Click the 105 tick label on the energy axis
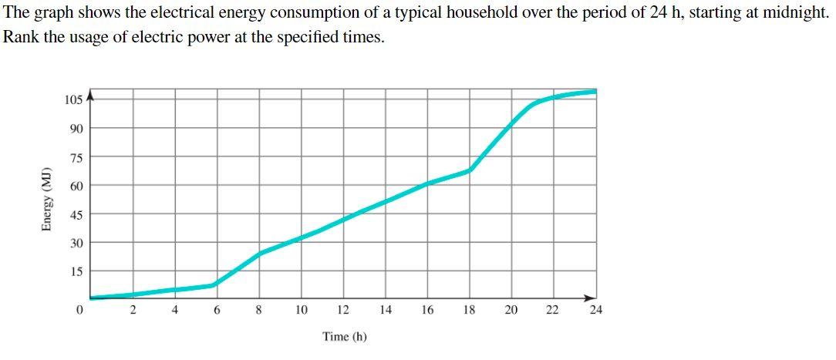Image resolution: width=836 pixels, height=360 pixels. [x=74, y=99]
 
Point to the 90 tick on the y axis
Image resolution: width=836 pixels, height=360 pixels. [x=76, y=128]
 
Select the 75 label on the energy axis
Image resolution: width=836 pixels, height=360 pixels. [x=76, y=157]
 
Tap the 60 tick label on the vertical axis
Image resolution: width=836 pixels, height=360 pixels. [x=76, y=186]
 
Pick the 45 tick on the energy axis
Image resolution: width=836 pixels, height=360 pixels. [x=76, y=214]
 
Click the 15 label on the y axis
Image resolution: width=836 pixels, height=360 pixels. [x=76, y=271]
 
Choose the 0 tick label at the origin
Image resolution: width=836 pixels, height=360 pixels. [x=79, y=310]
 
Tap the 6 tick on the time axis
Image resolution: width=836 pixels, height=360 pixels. [x=217, y=310]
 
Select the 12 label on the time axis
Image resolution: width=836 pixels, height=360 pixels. [x=343, y=310]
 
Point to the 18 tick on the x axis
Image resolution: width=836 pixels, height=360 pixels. [x=469, y=310]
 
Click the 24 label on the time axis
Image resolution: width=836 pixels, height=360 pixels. [x=595, y=310]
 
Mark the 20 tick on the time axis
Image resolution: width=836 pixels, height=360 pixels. [x=511, y=310]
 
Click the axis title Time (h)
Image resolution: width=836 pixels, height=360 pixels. [x=345, y=337]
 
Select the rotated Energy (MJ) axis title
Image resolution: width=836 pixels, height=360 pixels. [x=47, y=199]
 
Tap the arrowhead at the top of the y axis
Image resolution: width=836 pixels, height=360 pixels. [x=90, y=96]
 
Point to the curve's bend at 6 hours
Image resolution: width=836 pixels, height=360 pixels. [x=214, y=284]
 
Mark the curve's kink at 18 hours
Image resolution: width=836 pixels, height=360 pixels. [x=470, y=170]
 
